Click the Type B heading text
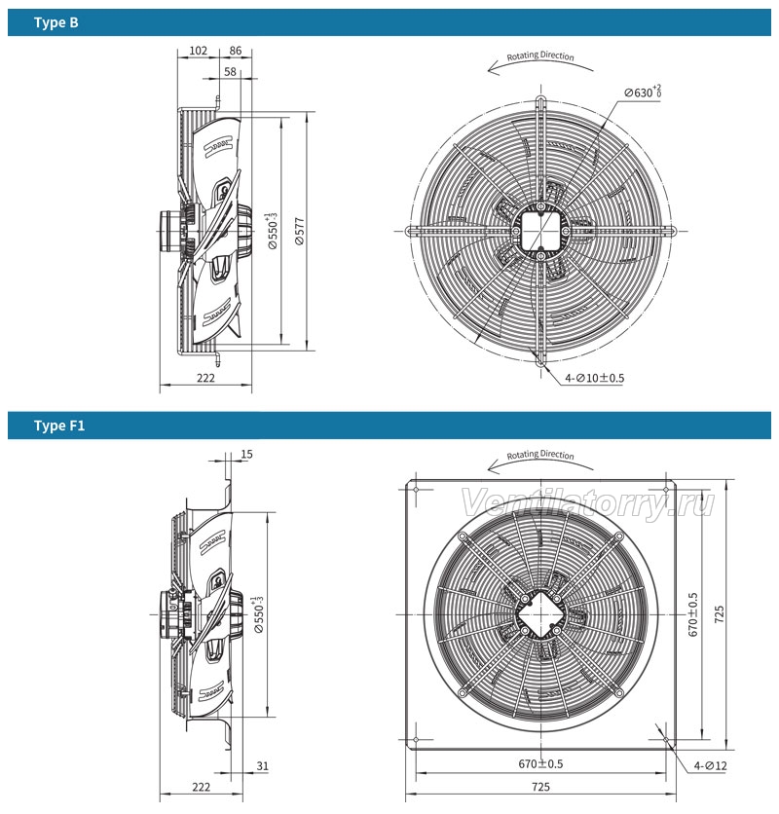[x=56, y=22]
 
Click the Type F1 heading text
[x=59, y=425]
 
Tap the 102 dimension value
[x=198, y=51]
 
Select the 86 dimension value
[x=236, y=51]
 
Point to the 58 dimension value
[x=230, y=72]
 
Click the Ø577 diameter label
[x=300, y=231]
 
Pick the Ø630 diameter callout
[x=643, y=92]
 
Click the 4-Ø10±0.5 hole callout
[x=595, y=378]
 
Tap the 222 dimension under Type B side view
[x=205, y=378]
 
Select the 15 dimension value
[x=246, y=455]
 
